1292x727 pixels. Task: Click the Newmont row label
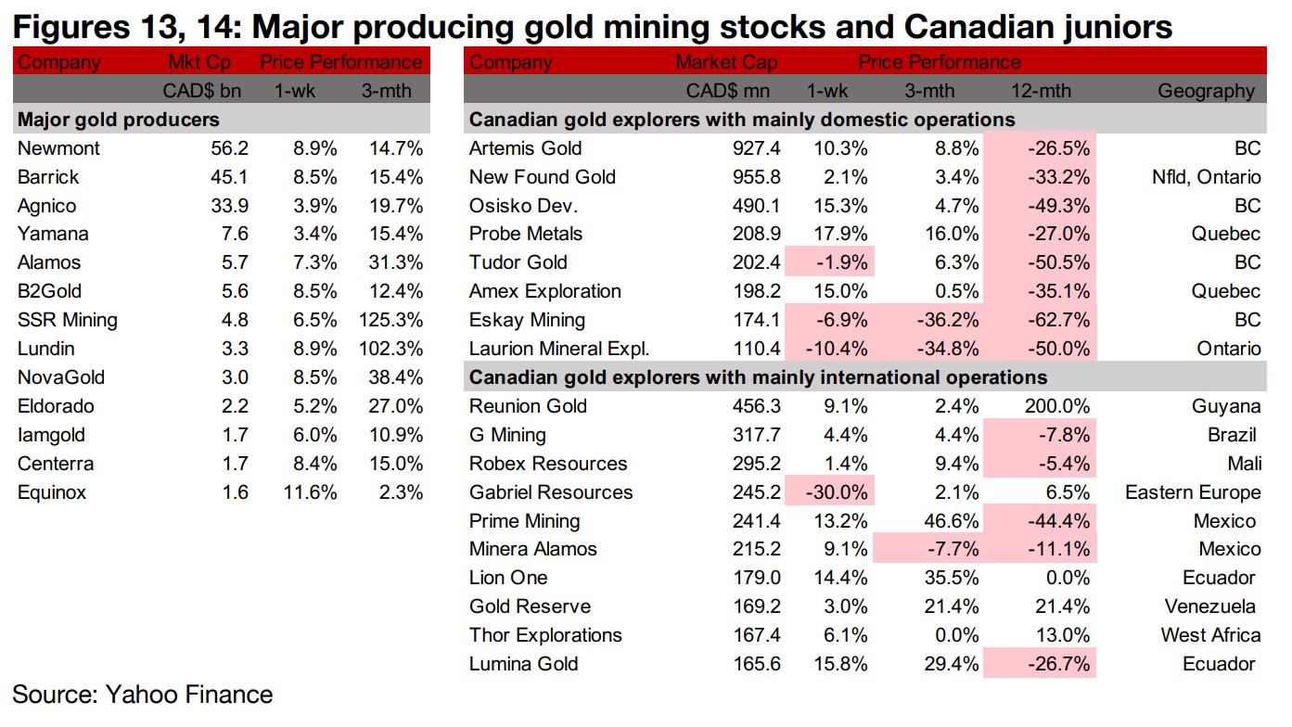point(58,148)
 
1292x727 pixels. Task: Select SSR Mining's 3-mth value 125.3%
point(392,320)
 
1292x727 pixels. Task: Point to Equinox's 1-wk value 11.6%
point(311,492)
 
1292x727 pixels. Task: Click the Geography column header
point(1206,91)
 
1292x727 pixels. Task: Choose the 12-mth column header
point(1040,91)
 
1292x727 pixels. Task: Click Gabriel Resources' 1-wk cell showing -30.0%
point(838,492)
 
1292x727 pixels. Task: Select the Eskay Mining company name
point(527,320)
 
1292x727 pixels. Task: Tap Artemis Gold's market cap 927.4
point(755,148)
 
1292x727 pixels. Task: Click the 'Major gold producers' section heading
point(119,120)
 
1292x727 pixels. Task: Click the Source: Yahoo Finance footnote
point(142,694)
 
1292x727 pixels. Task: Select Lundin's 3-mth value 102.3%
point(392,349)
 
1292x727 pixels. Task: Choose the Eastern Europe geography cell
point(1193,492)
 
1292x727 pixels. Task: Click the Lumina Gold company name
point(523,664)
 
